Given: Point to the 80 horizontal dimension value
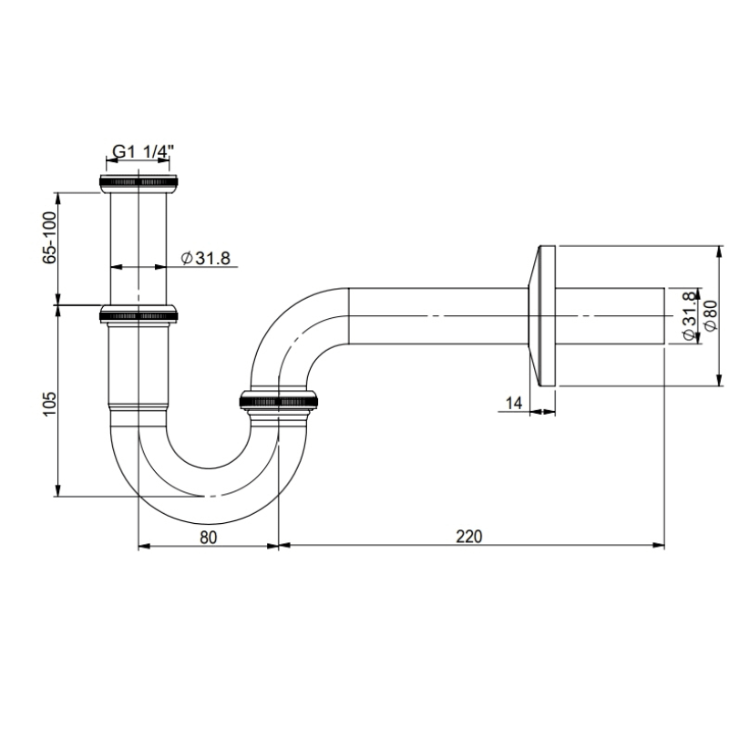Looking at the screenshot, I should [208, 536].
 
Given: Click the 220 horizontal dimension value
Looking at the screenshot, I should [468, 536].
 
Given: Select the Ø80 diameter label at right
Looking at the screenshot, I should [711, 315].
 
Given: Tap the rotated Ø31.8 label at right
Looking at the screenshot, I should [689, 315].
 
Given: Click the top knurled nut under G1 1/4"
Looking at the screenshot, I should [139, 183].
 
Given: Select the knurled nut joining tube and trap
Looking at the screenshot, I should [139, 315].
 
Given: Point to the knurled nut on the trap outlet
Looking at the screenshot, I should [277, 399].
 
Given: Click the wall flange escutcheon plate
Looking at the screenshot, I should [543, 315].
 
